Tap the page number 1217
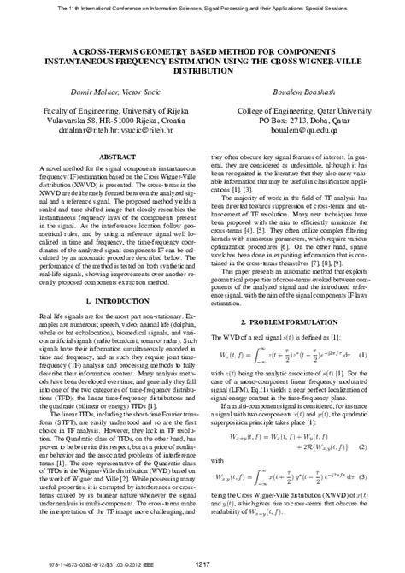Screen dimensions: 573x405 point(202,564)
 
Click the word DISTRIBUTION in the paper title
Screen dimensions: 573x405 point(202,70)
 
